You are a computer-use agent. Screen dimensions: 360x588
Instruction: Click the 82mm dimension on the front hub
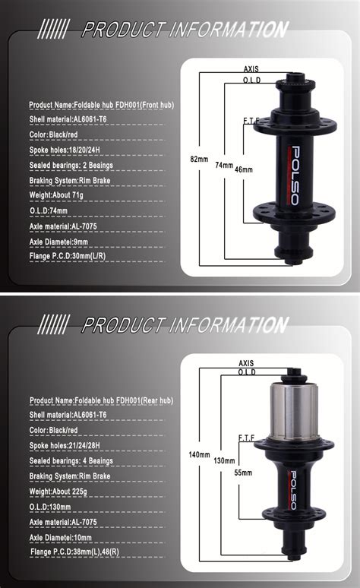point(199,159)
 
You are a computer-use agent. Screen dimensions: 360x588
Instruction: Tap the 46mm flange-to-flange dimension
point(244,169)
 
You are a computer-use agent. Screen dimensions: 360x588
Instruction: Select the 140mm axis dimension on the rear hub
point(199,454)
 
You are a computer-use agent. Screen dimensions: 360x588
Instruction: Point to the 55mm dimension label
point(243,473)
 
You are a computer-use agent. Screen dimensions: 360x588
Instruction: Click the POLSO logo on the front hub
point(295,176)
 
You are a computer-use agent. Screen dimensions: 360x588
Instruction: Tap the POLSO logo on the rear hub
point(293,491)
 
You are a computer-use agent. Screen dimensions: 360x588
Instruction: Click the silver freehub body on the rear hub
point(294,411)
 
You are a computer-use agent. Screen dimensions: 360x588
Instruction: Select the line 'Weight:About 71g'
point(56,195)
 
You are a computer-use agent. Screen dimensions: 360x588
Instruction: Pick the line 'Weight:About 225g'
point(58,492)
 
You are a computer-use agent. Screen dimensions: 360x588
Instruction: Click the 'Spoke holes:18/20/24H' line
point(65,150)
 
